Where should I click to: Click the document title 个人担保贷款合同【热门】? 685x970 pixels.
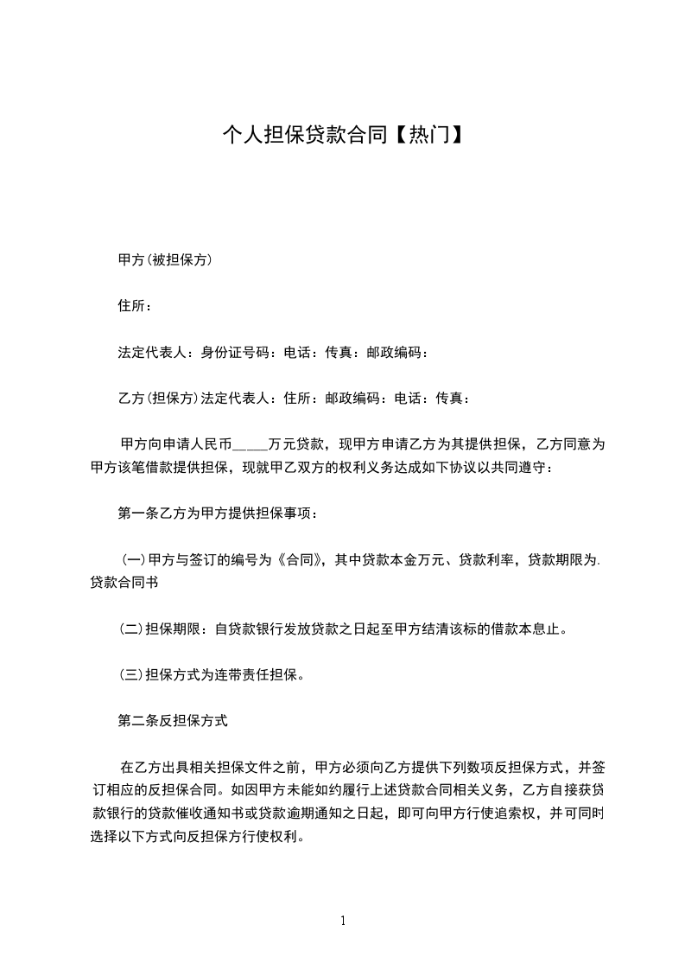point(342,135)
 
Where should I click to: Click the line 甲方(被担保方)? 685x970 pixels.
point(165,259)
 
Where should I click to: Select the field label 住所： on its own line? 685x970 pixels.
point(136,306)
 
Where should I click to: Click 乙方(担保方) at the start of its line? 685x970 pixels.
point(158,399)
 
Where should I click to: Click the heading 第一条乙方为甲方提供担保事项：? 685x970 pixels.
point(219,514)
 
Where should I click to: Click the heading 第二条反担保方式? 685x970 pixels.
point(172,719)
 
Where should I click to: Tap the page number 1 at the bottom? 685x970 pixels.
point(343,921)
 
